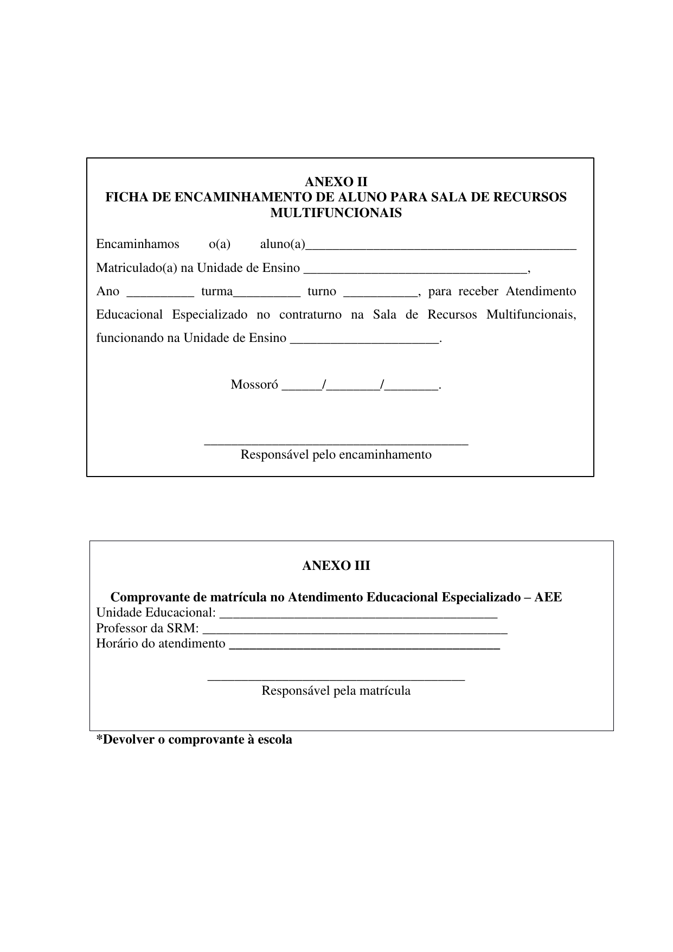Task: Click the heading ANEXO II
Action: (336, 181)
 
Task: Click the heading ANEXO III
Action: (336, 566)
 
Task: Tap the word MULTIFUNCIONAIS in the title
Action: (336, 213)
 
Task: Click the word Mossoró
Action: (254, 385)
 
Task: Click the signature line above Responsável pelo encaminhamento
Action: (336, 443)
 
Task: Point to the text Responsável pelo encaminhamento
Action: (336, 454)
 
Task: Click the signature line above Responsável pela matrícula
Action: (336, 679)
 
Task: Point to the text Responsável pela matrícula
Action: (336, 690)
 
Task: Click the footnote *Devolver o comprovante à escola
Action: (194, 739)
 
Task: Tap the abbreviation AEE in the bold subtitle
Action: (548, 597)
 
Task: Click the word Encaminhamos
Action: (138, 244)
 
